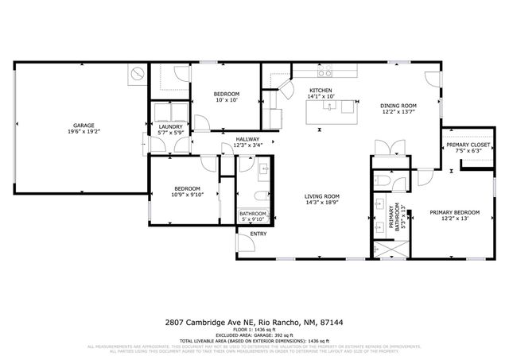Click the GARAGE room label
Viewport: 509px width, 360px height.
[x=84, y=126]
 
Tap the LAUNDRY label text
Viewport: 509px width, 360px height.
[x=171, y=126]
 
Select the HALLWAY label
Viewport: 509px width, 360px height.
[x=247, y=139]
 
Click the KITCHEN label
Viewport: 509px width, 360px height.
[x=320, y=91]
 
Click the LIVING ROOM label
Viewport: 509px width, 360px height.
[x=322, y=196]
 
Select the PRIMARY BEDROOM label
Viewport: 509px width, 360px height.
[x=455, y=212]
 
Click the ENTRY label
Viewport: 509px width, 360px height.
[x=258, y=234]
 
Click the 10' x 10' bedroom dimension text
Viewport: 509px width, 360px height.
[x=226, y=100]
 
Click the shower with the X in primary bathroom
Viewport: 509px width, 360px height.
[x=390, y=248]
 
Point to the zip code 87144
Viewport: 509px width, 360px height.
[x=332, y=323]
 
